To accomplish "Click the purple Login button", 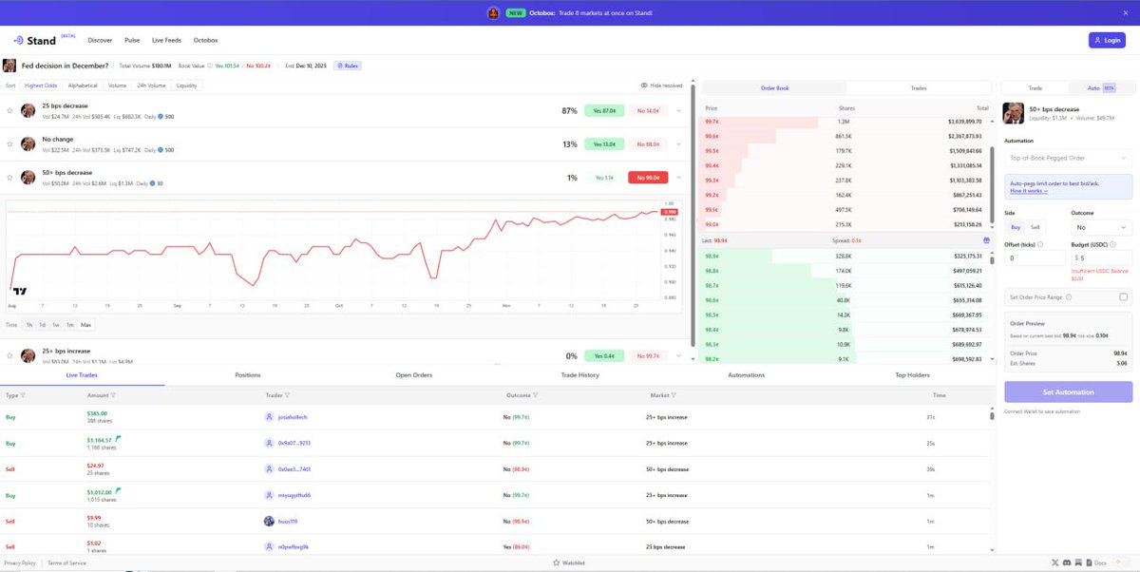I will [x=1107, y=40].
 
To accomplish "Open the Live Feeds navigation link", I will [x=166, y=40].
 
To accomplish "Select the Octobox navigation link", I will [x=205, y=40].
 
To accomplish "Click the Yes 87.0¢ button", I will [x=604, y=110].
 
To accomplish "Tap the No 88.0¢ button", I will [x=648, y=143].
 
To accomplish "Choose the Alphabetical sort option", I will [x=82, y=86].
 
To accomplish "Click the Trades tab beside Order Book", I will [x=919, y=87].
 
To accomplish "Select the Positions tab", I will [x=247, y=375].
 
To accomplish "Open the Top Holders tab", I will [x=913, y=375].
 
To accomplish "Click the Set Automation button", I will [x=1068, y=391].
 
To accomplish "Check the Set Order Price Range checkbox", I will [x=1124, y=297].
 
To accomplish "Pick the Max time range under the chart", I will [x=85, y=325].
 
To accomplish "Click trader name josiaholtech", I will [x=292, y=417].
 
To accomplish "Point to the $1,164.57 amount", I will [x=100, y=440].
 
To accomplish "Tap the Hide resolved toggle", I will [x=661, y=86].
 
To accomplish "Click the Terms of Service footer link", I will [x=66, y=562].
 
